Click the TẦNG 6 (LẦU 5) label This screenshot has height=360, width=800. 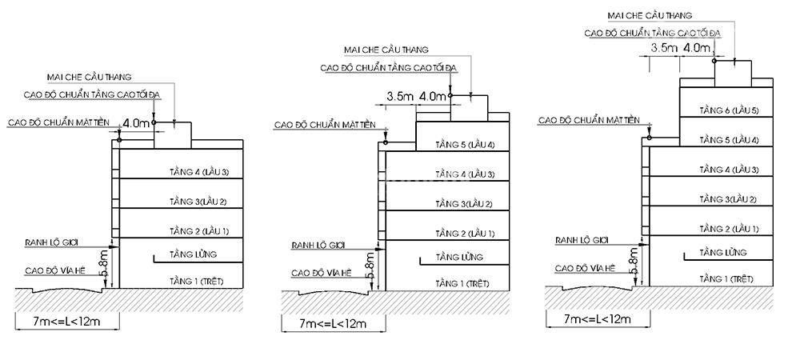(x=729, y=110)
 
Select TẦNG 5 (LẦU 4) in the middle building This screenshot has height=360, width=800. (x=465, y=145)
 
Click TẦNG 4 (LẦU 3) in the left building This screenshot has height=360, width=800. (x=199, y=172)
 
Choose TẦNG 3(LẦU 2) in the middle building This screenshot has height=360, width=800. (x=464, y=204)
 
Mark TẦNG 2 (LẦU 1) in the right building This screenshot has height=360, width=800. (x=729, y=229)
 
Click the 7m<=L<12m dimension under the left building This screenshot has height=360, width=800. (x=67, y=322)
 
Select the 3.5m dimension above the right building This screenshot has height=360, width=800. (x=664, y=49)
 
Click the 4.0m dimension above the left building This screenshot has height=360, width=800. (x=136, y=123)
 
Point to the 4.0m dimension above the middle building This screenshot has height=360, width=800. (x=433, y=96)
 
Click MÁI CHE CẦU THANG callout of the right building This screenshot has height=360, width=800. (x=650, y=16)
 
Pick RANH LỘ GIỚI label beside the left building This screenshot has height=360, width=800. (x=51, y=242)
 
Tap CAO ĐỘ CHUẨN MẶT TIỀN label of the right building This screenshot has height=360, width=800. (x=589, y=120)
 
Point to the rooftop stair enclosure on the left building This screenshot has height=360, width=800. (x=173, y=135)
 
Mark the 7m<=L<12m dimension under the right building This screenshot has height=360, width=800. (x=598, y=319)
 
